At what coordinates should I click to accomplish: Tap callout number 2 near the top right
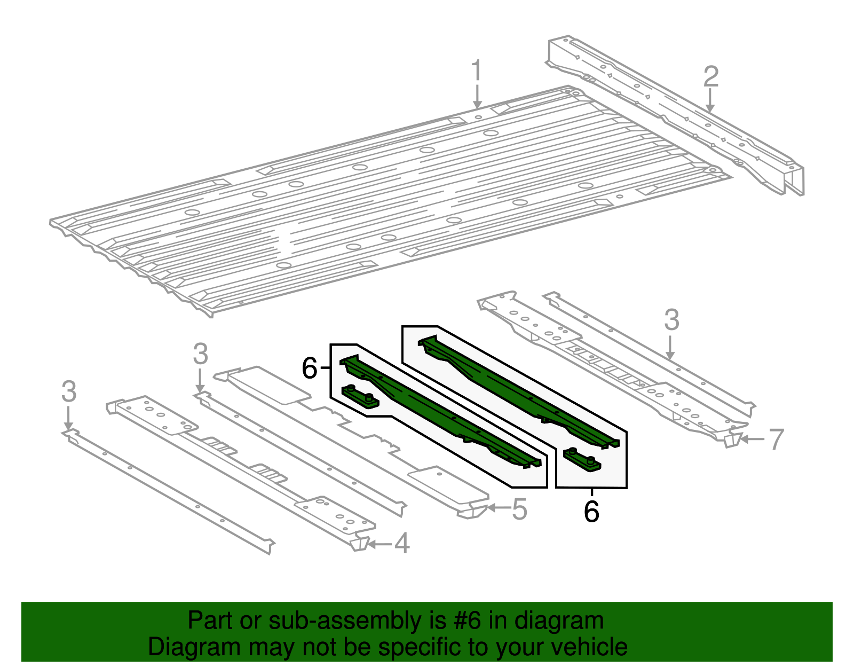[710, 77]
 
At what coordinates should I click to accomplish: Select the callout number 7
[776, 440]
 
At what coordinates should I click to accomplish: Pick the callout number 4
[402, 544]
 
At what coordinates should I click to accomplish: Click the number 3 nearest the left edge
[69, 391]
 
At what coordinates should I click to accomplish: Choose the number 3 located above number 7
[671, 320]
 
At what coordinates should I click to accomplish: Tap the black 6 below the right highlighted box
[591, 512]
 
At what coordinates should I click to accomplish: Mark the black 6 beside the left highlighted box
[310, 368]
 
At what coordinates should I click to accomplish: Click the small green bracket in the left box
[360, 396]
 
